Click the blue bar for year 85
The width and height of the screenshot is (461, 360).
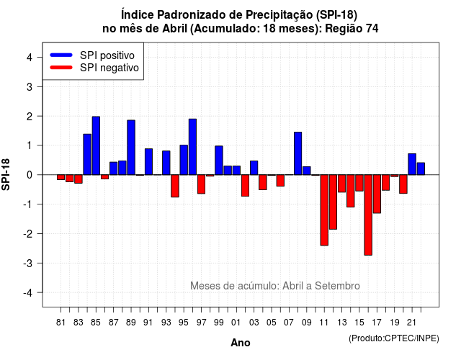(x=96, y=145)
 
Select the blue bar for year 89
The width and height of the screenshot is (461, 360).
(x=131, y=147)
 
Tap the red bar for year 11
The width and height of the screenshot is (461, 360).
(x=324, y=210)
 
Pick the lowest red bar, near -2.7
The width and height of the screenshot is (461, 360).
(x=368, y=215)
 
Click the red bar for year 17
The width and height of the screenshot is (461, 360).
(x=377, y=194)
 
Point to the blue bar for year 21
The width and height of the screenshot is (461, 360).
(x=412, y=164)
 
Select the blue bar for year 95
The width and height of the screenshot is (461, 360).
(x=184, y=160)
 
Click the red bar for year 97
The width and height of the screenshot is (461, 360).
(x=202, y=184)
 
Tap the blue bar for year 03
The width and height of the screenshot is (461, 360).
(x=254, y=168)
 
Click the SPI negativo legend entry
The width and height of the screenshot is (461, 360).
(x=94, y=68)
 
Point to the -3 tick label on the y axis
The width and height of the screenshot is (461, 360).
(x=28, y=263)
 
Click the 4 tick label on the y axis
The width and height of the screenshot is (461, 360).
(x=30, y=57)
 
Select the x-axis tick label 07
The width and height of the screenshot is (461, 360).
(x=289, y=323)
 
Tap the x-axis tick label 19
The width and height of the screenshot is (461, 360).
(x=395, y=323)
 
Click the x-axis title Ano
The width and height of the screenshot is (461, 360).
(x=241, y=343)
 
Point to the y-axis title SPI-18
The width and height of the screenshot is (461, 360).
(x=6, y=174)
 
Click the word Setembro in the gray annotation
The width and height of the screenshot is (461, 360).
(x=337, y=286)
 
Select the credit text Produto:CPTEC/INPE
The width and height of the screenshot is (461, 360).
(x=394, y=338)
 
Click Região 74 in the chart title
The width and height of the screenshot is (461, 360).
(x=352, y=29)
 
